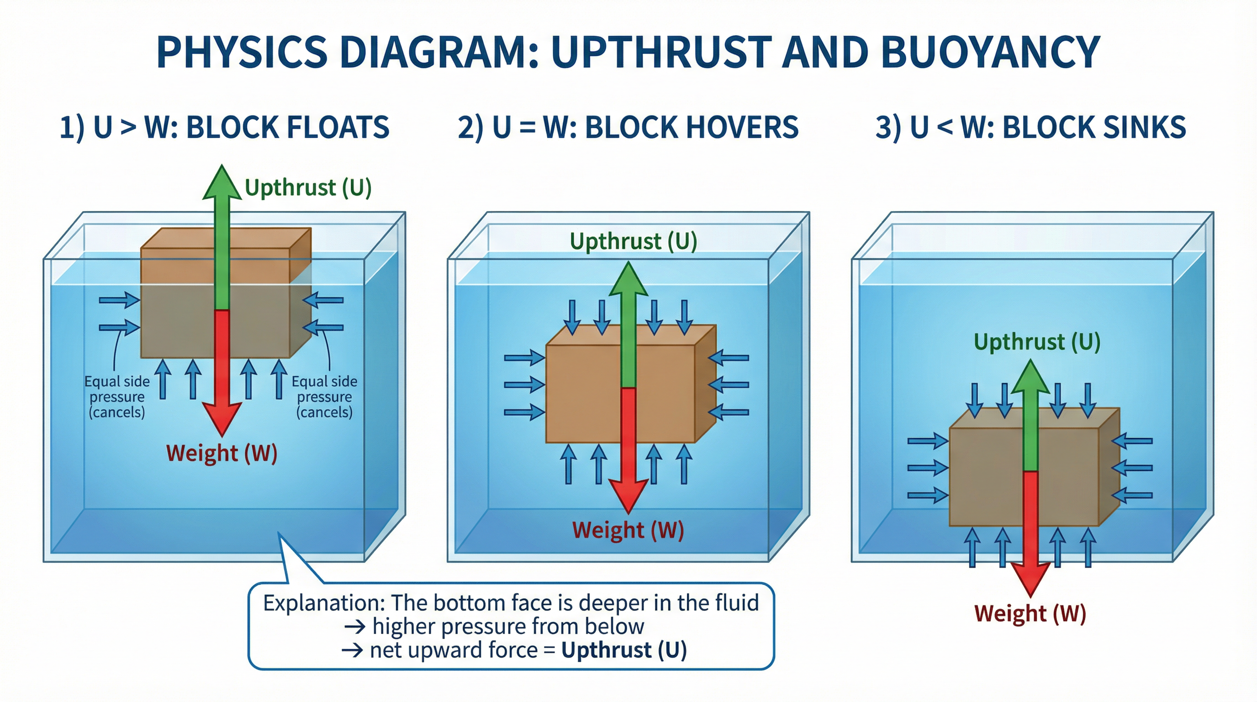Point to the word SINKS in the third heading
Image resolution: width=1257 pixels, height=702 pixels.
pos(1144,128)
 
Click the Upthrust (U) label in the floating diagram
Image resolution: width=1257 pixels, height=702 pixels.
pos(308,187)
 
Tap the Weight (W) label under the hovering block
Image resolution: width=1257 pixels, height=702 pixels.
pos(628,530)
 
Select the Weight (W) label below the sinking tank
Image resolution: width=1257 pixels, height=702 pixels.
pos(1030,614)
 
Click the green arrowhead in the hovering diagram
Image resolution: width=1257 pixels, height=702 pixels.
pos(628,279)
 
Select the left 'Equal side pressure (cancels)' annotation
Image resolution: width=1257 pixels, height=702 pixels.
pos(117,396)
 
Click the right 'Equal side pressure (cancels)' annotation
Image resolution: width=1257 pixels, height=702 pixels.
pos(324,396)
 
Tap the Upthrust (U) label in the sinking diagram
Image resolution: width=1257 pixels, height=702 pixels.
pos(1037,342)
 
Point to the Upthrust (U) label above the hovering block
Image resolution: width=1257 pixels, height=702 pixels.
pos(633,241)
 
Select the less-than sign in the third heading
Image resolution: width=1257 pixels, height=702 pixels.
pos(945,128)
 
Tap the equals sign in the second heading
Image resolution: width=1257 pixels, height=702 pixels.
pos(527,128)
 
